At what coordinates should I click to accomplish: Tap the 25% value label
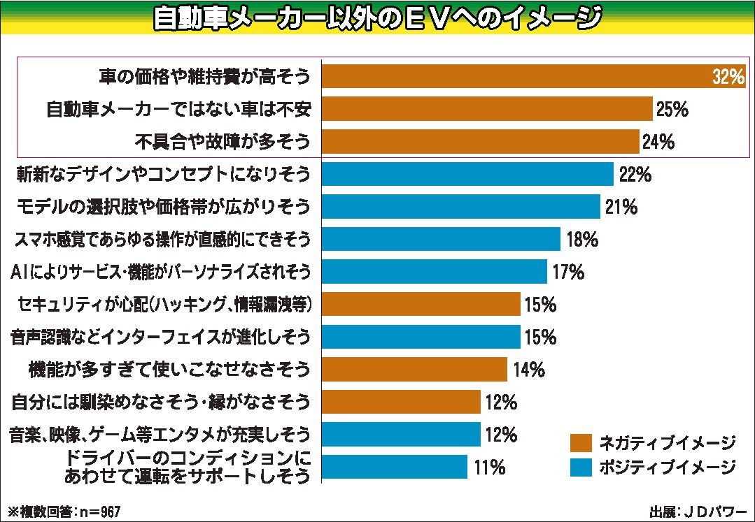pos(672,110)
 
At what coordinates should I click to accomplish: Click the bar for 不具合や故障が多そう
pos(481,142)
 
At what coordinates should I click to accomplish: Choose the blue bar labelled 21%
pos(461,207)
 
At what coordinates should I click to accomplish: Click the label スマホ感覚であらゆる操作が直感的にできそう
pos(162,240)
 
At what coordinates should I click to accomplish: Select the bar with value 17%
pos(434,272)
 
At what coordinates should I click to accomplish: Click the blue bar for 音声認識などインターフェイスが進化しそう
pos(421,337)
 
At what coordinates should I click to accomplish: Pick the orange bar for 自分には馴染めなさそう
pos(401,402)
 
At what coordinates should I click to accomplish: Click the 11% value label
pos(489,467)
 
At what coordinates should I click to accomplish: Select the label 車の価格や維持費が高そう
pos(204,77)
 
